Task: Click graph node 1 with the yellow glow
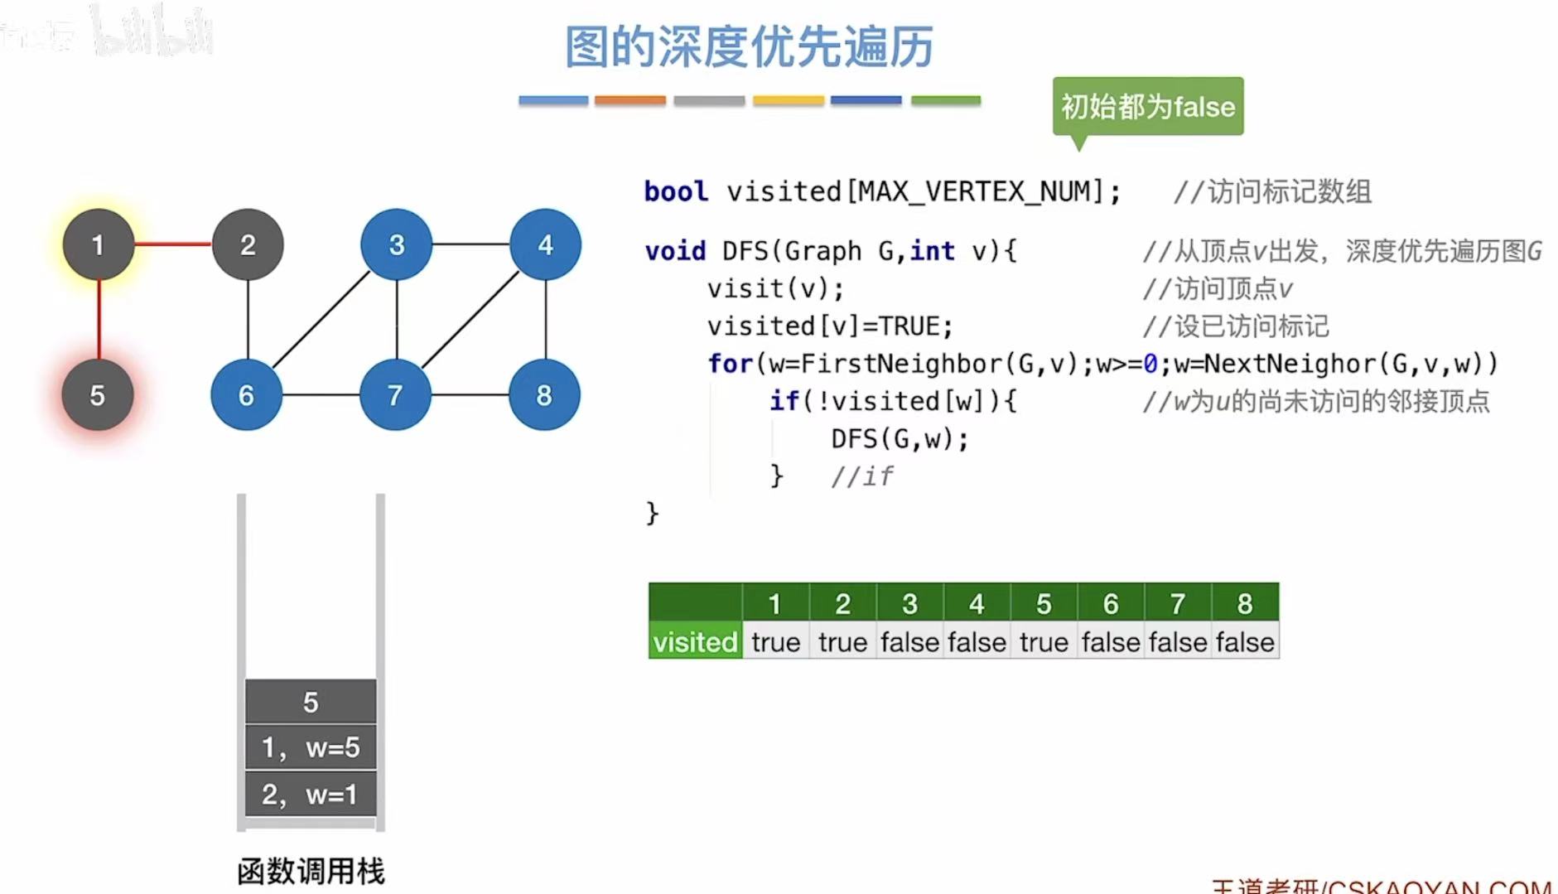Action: pos(99,244)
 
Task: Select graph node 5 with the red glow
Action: pos(98,395)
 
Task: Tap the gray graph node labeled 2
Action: pos(248,244)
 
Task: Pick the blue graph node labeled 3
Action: pos(397,244)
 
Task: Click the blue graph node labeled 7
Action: pos(395,395)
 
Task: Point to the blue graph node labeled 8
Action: pos(544,395)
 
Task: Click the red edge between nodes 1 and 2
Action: pos(173,244)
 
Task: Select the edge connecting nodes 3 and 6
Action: pos(321,320)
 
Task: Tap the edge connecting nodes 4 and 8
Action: pos(546,320)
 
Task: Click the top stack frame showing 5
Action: pos(311,702)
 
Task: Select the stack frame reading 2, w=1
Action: pos(311,794)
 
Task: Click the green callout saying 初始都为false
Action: pos(1148,106)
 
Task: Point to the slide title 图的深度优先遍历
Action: pos(749,46)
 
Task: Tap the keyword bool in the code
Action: pos(676,191)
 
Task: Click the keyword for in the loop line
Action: pos(730,364)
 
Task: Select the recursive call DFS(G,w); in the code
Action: pos(900,438)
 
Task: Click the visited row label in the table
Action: pos(695,642)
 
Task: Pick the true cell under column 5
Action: pos(1044,642)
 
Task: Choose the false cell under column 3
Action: pos(909,642)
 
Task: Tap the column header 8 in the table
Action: pos(1245,604)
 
